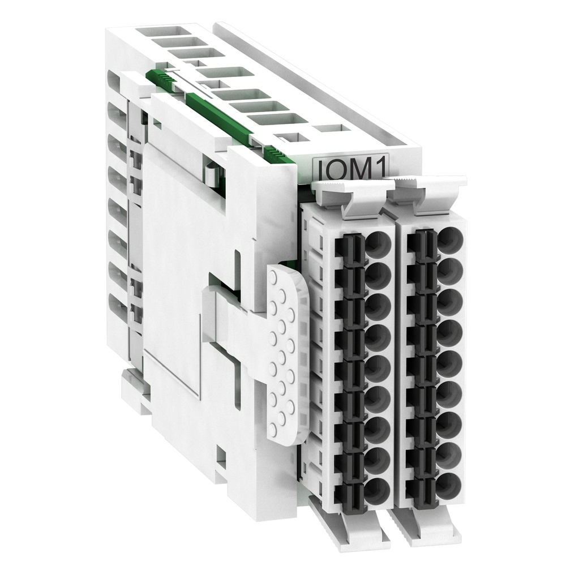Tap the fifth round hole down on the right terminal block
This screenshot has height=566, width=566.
click(450, 362)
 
